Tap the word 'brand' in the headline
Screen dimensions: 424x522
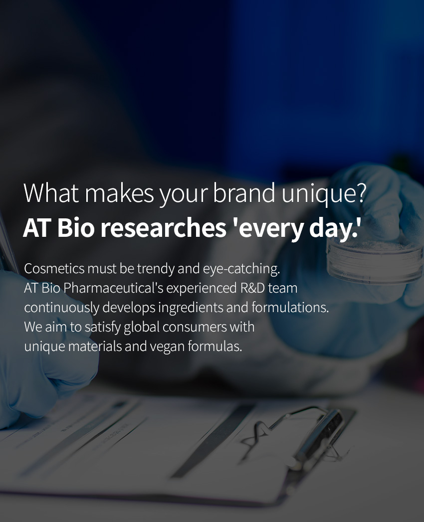tap(244, 193)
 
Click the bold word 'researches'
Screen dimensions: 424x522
tap(164, 228)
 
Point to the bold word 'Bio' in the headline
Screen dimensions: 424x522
tap(76, 228)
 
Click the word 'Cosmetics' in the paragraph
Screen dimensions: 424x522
tap(54, 269)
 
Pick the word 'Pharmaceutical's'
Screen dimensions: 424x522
tap(113, 288)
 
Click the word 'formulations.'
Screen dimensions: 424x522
tap(290, 307)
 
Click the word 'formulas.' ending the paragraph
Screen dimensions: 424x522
tap(215, 346)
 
